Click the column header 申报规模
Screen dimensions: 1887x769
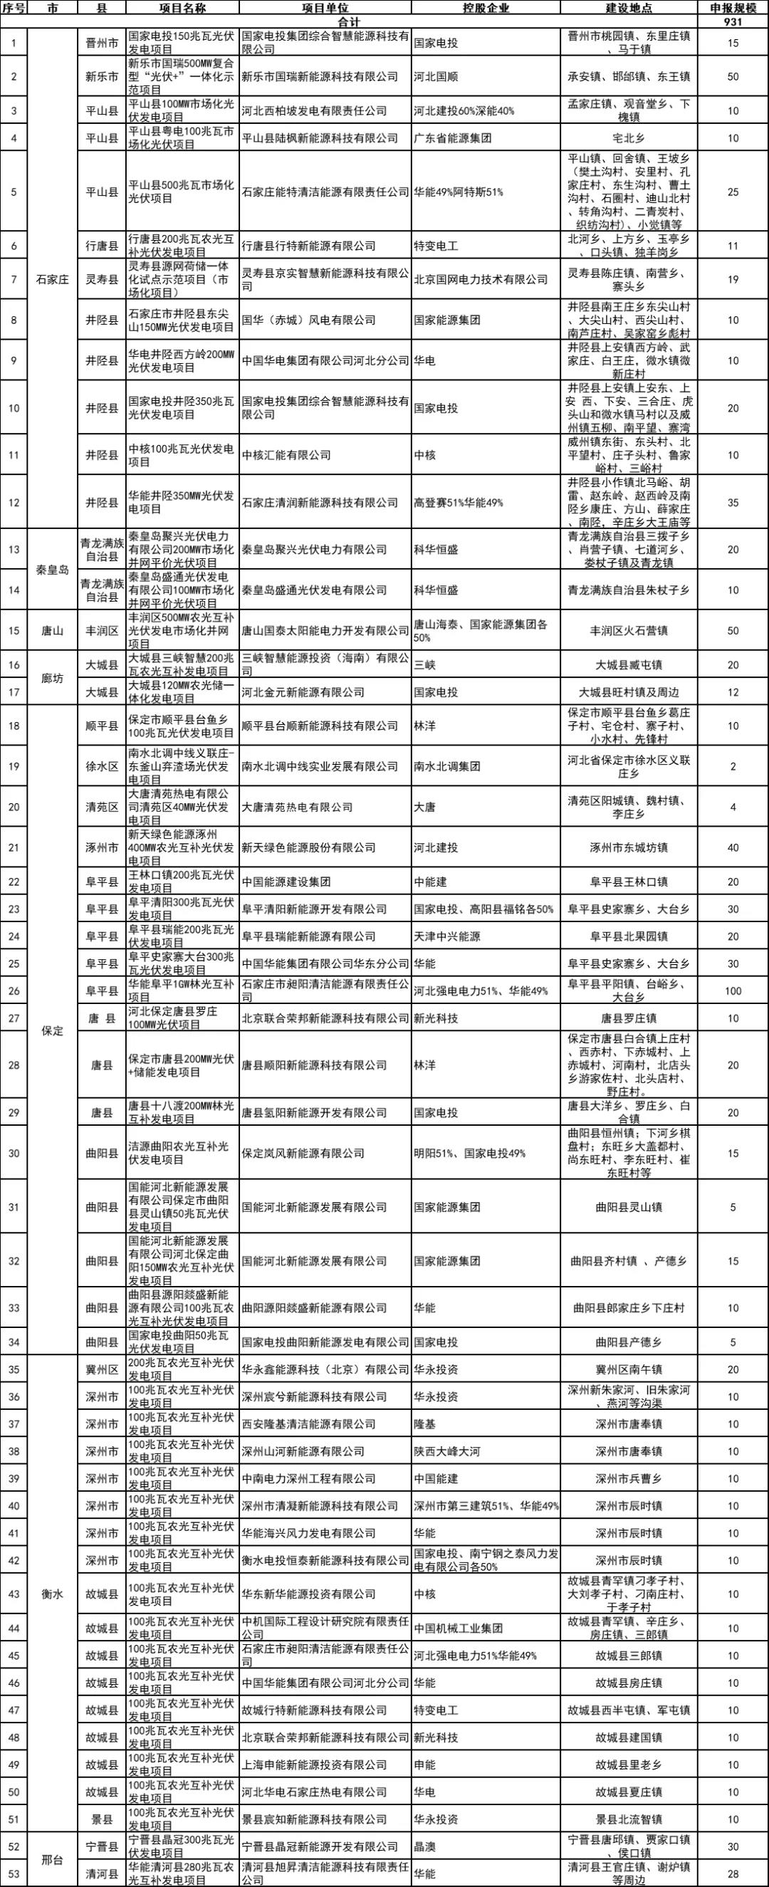(733, 8)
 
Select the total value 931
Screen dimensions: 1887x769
(733, 22)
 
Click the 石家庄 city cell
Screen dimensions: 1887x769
(53, 279)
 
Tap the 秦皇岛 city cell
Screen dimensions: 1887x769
(53, 570)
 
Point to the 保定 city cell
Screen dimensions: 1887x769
(53, 1030)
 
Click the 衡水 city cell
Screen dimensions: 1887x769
(53, 1594)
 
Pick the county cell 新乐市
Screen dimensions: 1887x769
(103, 76)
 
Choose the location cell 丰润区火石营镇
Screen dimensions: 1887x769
(629, 630)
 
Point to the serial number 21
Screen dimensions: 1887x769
(14, 847)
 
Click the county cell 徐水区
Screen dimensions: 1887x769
(103, 766)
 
